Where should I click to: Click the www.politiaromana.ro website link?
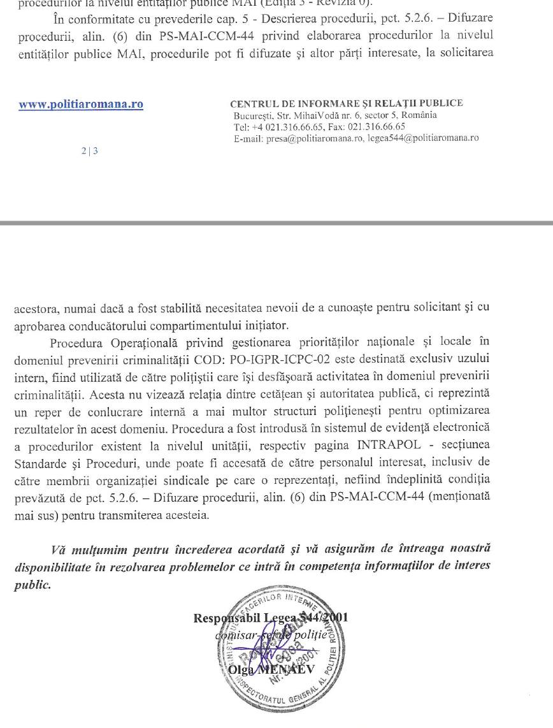(x=80, y=105)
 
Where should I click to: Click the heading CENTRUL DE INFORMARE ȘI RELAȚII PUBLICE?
(x=346, y=103)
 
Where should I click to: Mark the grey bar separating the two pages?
(x=276, y=223)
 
